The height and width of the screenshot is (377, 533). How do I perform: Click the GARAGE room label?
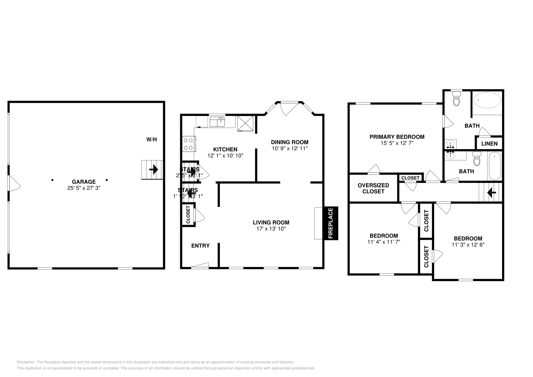coord(84,182)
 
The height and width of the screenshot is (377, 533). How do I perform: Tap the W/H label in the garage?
coord(152,140)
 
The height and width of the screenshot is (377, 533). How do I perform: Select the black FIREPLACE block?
coord(330,223)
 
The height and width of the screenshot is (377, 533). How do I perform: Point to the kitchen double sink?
coord(217,122)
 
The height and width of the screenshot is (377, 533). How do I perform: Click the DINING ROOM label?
coord(289,142)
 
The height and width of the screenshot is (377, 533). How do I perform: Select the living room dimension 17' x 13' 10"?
coord(271,229)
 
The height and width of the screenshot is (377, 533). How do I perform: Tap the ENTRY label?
coord(200,246)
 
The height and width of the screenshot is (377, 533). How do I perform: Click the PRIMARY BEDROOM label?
coord(397,137)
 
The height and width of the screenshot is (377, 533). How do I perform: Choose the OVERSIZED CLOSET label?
coord(373,188)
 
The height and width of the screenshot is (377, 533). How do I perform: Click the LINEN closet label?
coord(489,144)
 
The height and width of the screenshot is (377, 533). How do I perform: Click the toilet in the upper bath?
coord(456,99)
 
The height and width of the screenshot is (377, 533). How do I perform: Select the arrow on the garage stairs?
coord(153,170)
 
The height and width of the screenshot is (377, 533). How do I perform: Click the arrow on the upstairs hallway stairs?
coord(491,192)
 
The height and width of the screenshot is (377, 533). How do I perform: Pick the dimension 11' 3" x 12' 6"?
coord(468,244)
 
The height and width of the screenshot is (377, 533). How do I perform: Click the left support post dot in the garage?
coord(52,180)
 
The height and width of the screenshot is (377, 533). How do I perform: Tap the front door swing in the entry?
coord(200,265)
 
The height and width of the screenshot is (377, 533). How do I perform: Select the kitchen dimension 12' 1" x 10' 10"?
coord(225,156)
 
